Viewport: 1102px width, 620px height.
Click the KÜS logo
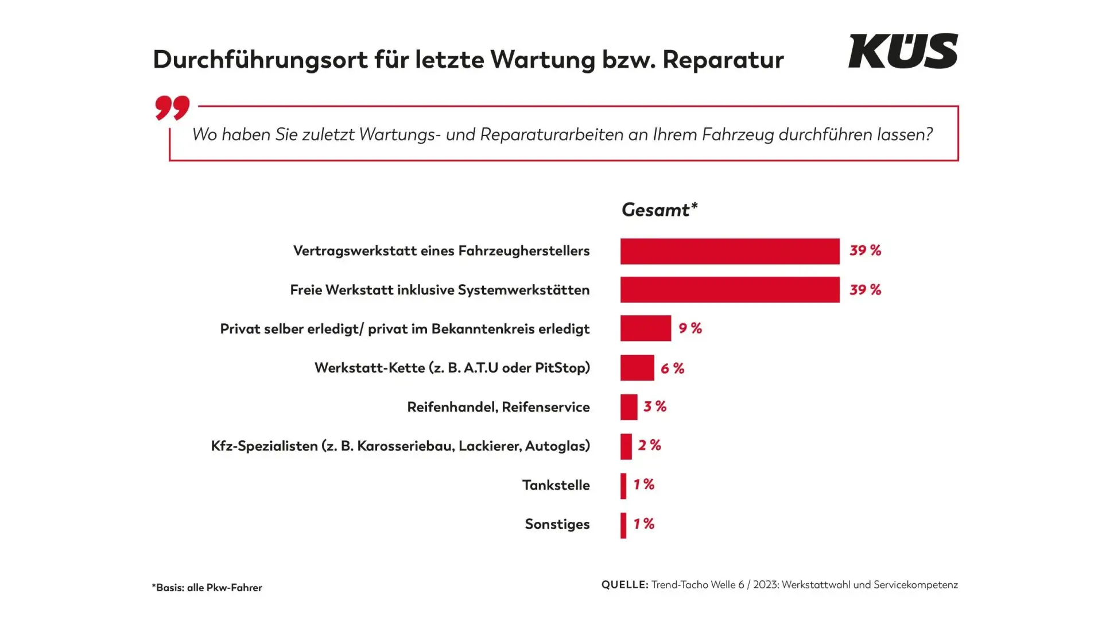903,51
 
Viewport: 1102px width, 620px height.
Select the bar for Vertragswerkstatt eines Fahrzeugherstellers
730,251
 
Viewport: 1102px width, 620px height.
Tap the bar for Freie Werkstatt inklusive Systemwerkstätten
730,290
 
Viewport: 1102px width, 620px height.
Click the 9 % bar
645,328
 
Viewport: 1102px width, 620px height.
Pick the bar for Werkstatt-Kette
637,367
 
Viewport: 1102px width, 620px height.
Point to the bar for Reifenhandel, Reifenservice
628,407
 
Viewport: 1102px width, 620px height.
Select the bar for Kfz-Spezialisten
626,446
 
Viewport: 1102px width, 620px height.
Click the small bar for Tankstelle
623,486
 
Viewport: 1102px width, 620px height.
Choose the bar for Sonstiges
623,525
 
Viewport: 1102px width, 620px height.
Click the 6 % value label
672,368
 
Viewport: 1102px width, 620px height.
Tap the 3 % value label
655,406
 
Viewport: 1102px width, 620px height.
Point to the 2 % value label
649,445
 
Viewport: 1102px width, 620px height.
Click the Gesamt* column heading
659,210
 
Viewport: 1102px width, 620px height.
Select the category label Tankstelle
556,485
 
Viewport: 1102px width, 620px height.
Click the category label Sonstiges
557,524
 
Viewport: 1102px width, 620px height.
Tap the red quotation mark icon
172,107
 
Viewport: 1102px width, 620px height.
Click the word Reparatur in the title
723,60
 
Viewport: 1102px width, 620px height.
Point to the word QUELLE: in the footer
624,584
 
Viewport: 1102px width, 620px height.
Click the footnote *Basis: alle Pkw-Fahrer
207,587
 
